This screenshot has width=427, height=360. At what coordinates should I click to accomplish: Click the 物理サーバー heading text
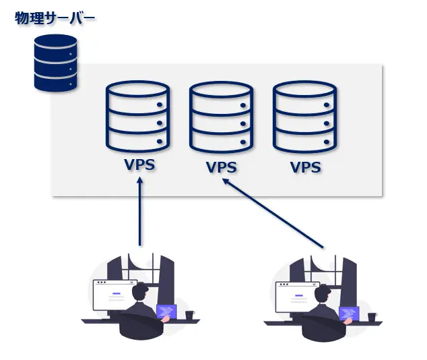55,18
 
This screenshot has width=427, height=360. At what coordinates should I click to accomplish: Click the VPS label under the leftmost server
139,164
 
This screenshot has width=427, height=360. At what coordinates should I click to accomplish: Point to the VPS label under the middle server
222,167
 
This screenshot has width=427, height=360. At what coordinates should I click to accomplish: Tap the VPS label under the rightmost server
304,167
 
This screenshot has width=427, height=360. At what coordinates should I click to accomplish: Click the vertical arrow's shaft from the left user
140,216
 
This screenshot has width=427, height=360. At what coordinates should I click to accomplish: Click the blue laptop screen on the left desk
166,311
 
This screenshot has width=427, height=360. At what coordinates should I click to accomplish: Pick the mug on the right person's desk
372,316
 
